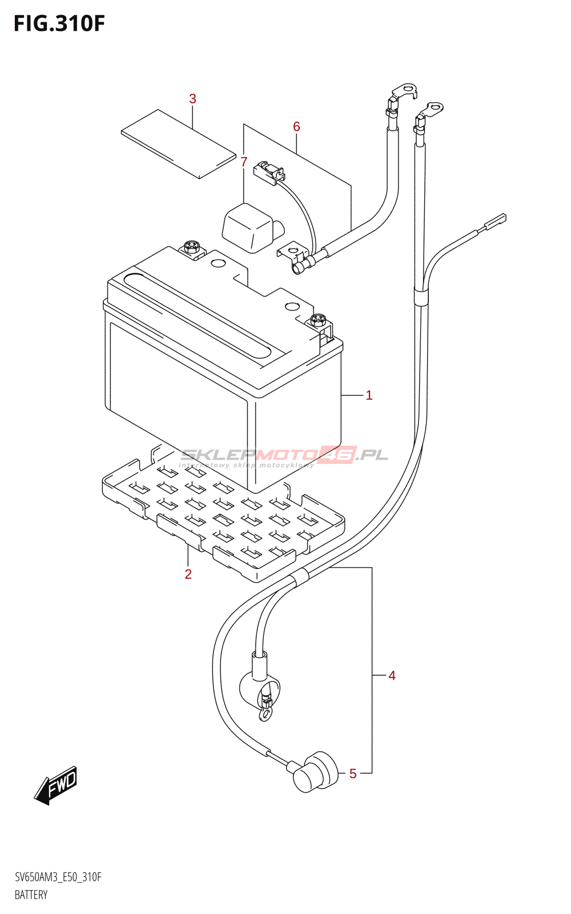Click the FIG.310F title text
[59, 23]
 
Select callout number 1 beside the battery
[369, 395]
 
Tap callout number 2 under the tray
[188, 574]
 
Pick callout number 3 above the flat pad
[192, 99]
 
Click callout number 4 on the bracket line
[392, 676]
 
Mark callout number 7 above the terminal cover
[244, 162]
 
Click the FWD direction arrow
[56, 785]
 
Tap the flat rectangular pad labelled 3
[178, 143]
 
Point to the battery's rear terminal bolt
[192, 247]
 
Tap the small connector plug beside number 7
[268, 172]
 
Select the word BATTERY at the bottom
[31, 895]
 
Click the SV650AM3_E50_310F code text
[58, 877]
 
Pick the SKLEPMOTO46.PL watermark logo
[284, 456]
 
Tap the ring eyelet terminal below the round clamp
[264, 713]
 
